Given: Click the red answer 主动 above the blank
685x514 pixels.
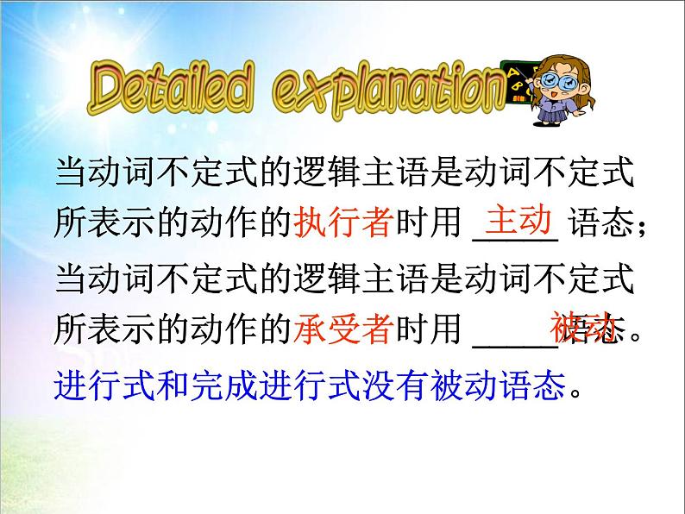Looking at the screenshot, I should click(x=518, y=221).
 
